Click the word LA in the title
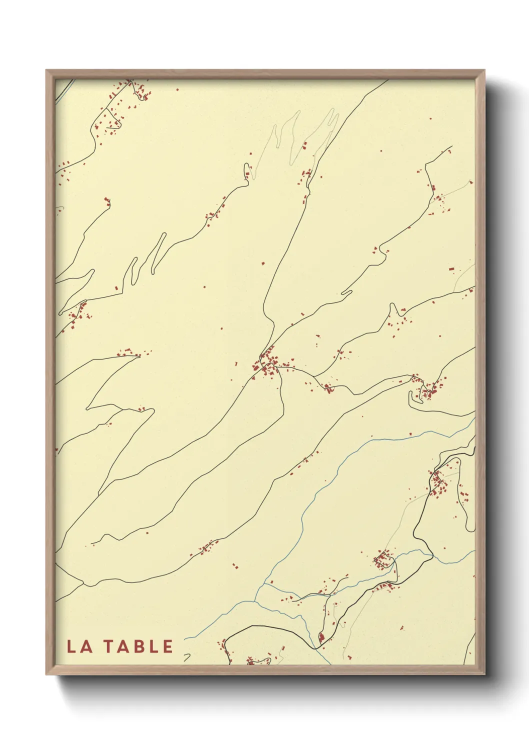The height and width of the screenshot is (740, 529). click(79, 646)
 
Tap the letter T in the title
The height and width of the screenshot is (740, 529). click(109, 646)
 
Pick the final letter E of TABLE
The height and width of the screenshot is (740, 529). click(167, 646)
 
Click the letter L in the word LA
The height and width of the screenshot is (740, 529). click(71, 646)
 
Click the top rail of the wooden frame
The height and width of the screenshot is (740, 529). click(265, 74)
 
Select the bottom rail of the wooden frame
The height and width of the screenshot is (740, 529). click(265, 669)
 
